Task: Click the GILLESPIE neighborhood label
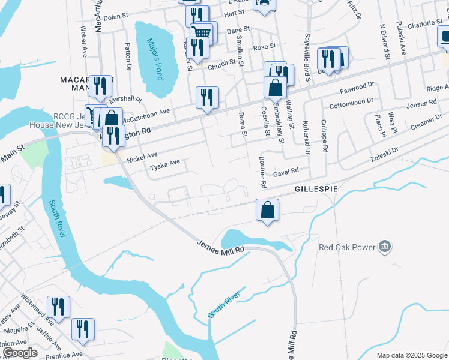pos(315,188)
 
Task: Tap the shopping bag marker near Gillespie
pos(268,211)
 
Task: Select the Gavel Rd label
pos(286,171)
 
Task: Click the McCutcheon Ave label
pos(147,115)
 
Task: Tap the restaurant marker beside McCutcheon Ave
pos(207,98)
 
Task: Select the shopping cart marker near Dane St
pos(202,33)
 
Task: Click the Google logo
pos(19,353)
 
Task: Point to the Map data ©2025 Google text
pos(411,355)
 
